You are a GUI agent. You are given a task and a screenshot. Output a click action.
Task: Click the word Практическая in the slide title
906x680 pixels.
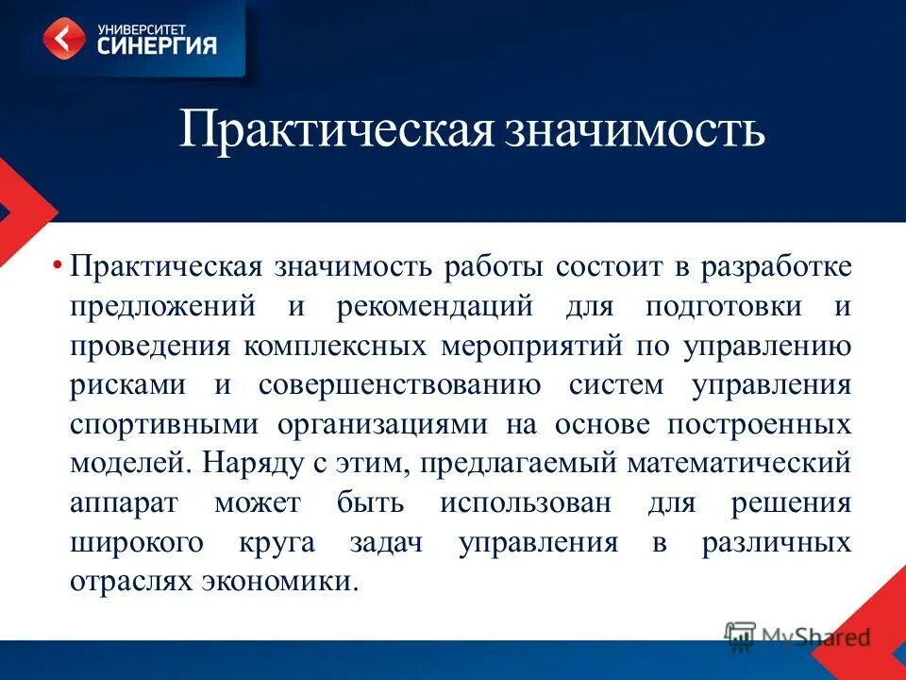pos(335,130)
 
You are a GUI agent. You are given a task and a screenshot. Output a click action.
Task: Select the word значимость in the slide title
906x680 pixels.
pos(633,130)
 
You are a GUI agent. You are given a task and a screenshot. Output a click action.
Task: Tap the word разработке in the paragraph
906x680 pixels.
pos(776,267)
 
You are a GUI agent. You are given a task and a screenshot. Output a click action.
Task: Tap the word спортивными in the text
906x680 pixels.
pos(162,424)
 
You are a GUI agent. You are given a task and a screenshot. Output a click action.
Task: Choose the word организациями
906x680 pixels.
pos(382,424)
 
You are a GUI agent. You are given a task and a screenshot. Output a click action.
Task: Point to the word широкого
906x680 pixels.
pos(136,543)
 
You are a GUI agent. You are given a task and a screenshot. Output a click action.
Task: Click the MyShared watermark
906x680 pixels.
pos(797,637)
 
